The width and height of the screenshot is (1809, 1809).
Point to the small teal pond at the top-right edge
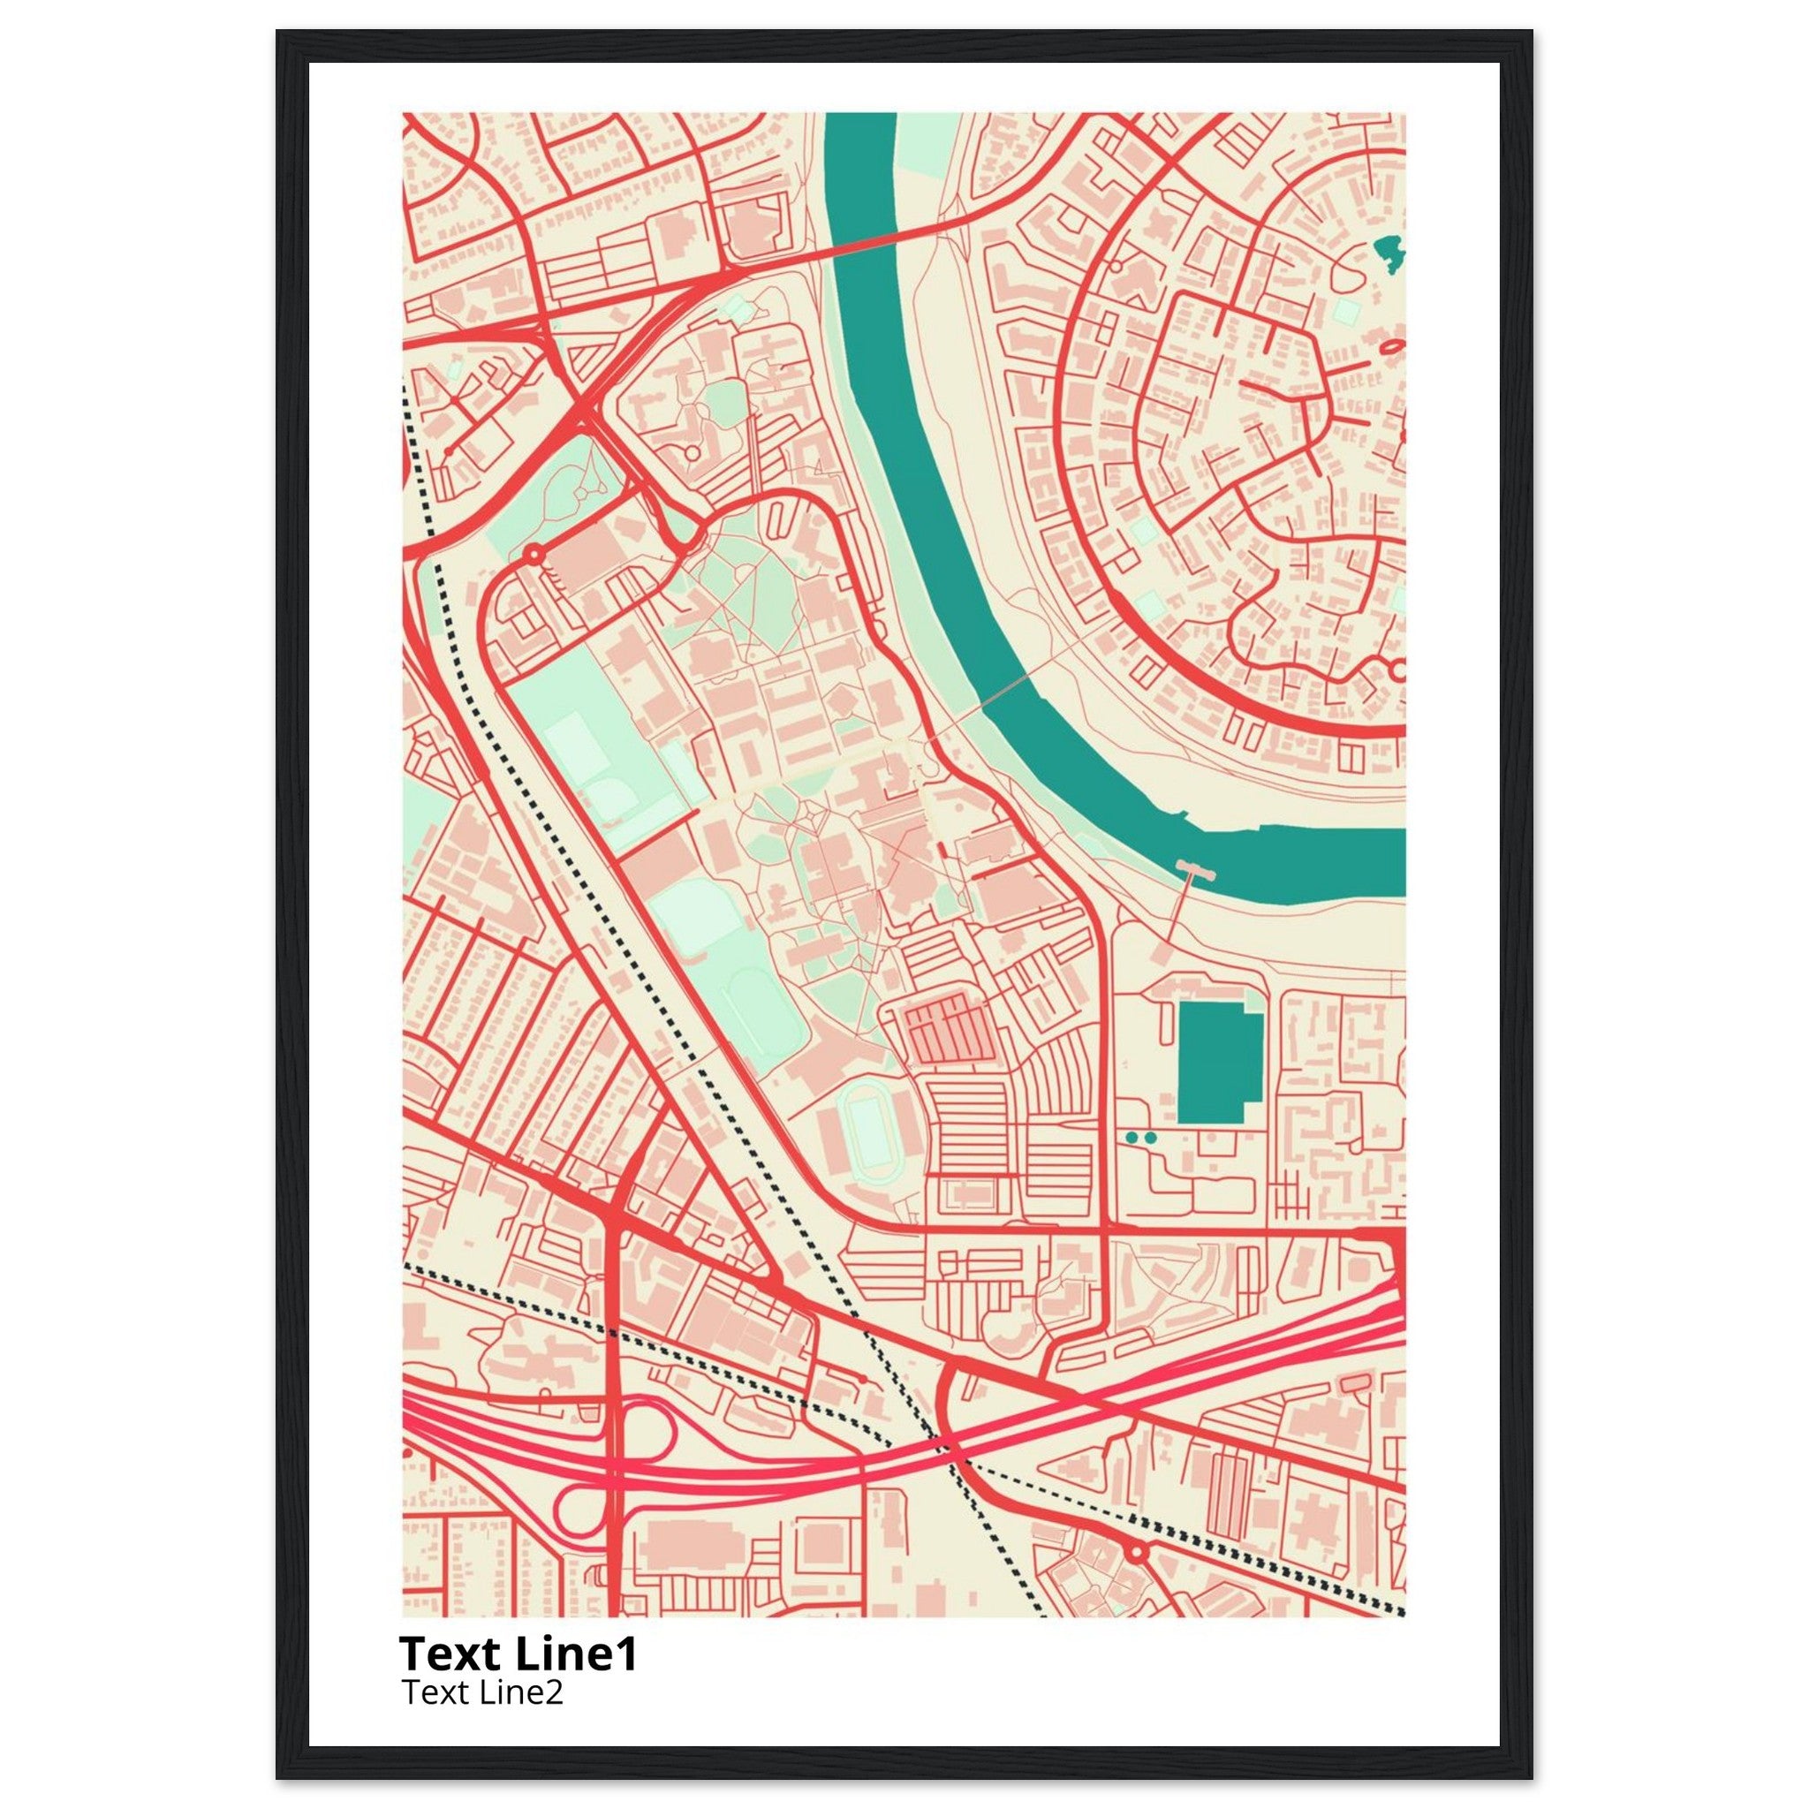[x=1389, y=253]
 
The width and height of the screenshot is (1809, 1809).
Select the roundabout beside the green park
[x=534, y=556]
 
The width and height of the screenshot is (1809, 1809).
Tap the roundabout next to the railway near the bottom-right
[x=1137, y=1551]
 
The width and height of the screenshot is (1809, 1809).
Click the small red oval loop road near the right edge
[x=1391, y=347]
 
